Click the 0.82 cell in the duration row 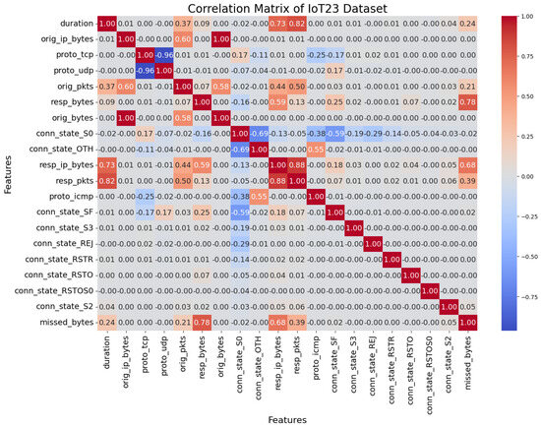tap(298, 23)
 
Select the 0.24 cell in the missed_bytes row tap(105, 322)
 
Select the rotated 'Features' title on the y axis tap(9, 171)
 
